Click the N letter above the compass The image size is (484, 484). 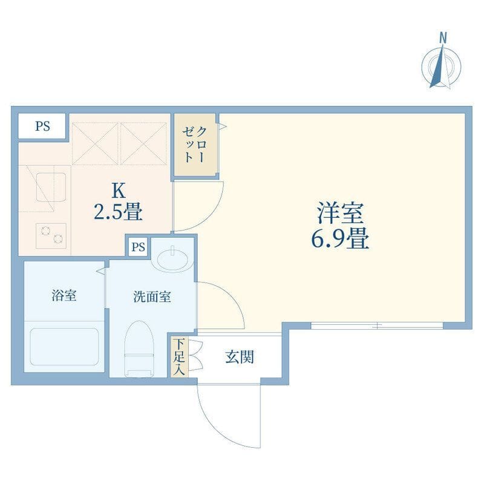coord(443,38)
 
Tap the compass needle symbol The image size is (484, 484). coord(440,67)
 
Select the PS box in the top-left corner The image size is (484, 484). coord(42,126)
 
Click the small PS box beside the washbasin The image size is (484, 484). coord(139,247)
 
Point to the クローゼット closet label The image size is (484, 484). coord(194,145)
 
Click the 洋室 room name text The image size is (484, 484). coord(341,213)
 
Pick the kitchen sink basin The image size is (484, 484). coord(51,188)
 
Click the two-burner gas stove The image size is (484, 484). coord(51,236)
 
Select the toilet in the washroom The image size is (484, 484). coord(139,349)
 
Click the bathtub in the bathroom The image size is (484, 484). coord(64,347)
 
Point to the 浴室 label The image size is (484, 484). coord(64,295)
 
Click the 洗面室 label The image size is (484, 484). coord(152,296)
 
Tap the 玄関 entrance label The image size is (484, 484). coord(240,356)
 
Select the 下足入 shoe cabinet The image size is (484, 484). coord(180,357)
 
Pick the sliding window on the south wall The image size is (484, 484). coord(377,325)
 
